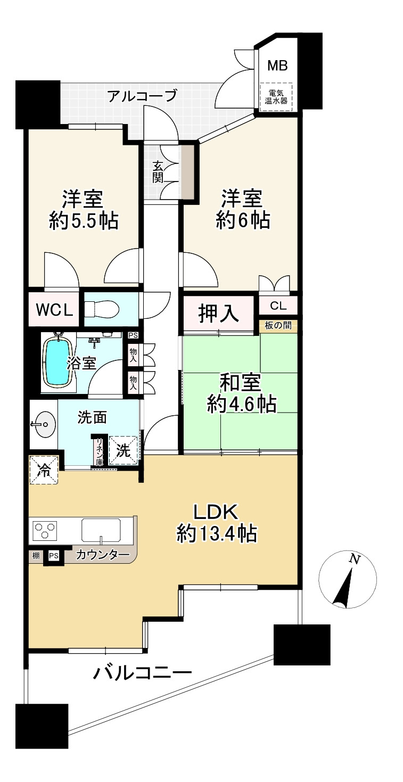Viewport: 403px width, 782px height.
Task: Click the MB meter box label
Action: click(277, 65)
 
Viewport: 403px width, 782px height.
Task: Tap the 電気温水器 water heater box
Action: click(276, 97)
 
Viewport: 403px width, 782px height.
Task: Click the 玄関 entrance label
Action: click(158, 171)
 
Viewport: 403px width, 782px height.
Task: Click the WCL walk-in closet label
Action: click(54, 309)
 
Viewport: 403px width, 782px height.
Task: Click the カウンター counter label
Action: click(103, 555)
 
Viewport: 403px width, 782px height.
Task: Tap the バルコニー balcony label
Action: click(142, 673)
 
